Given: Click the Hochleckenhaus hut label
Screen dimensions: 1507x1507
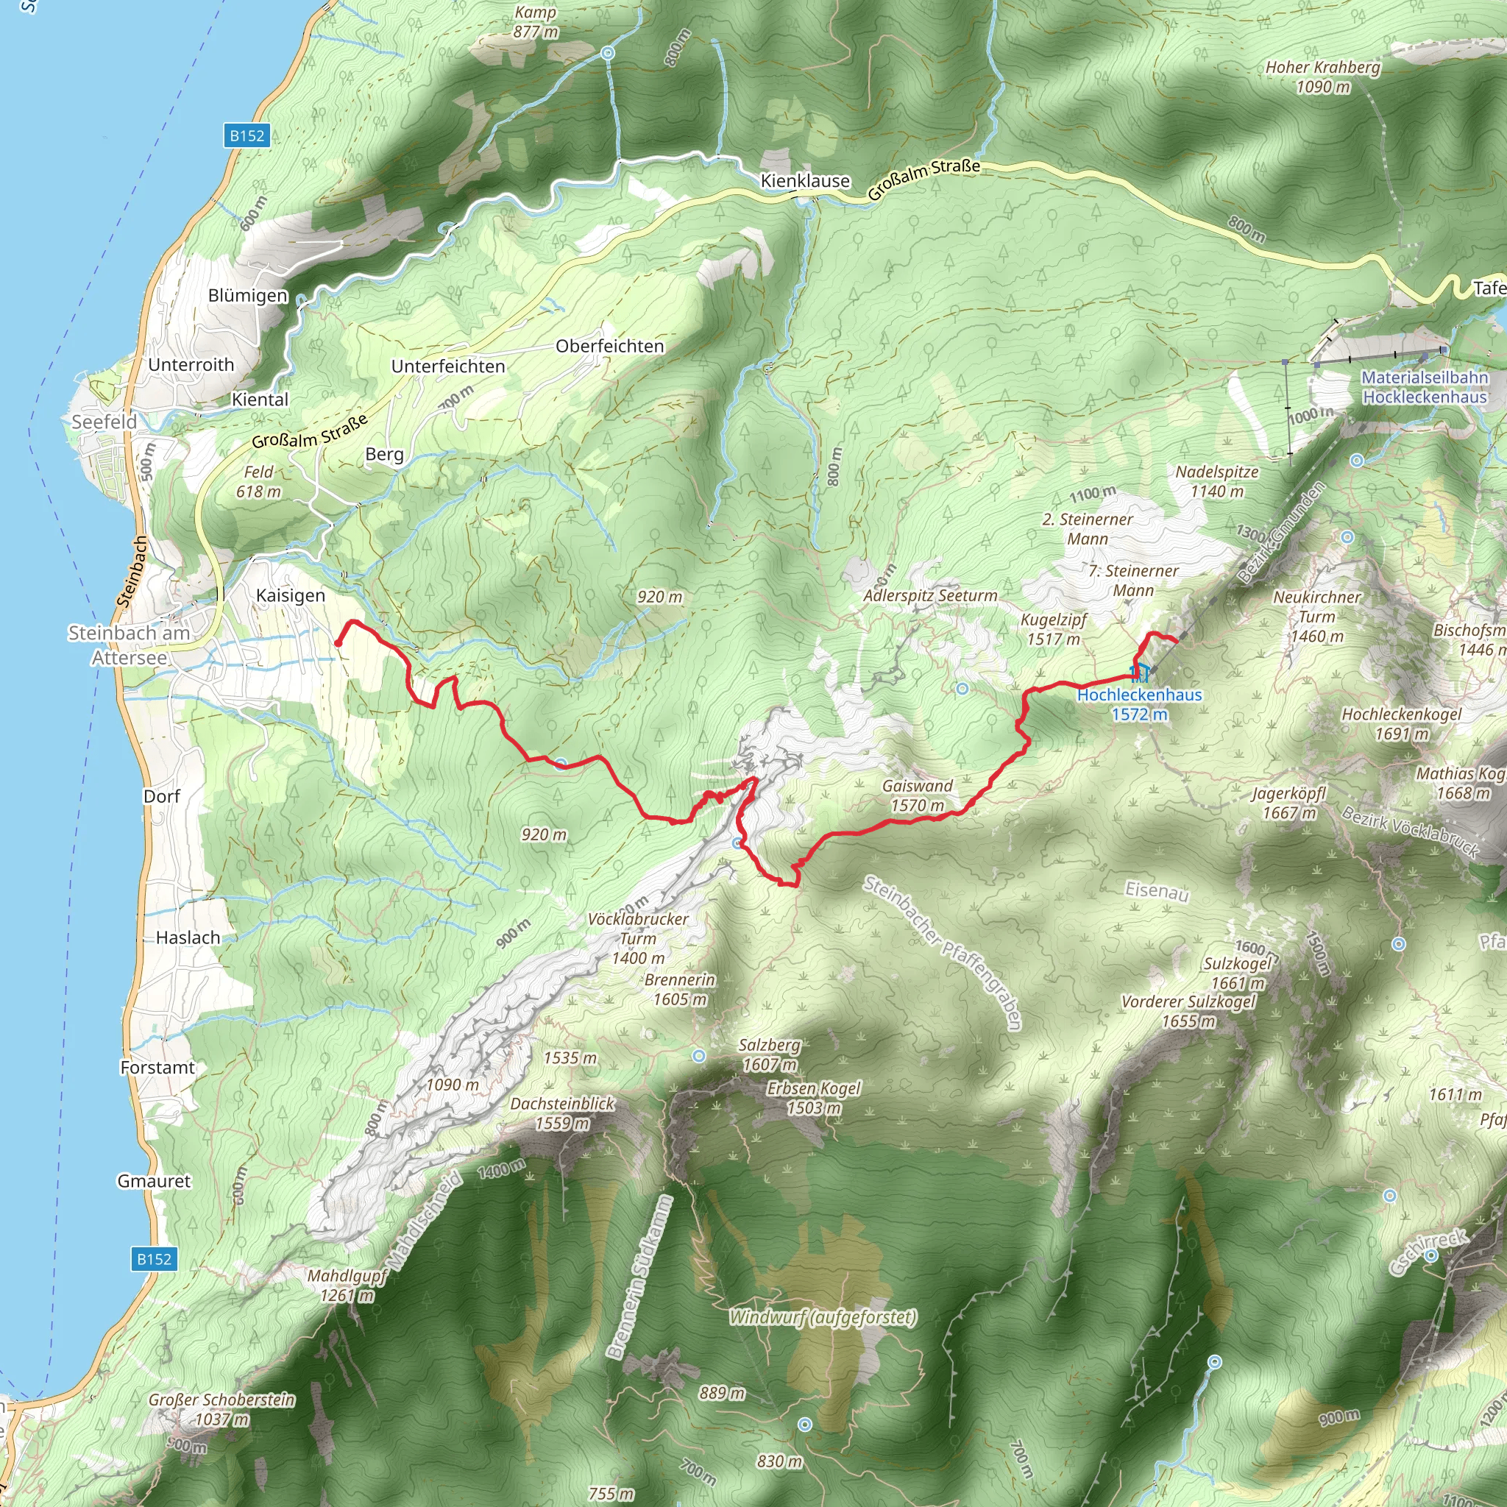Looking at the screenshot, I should (x=1139, y=703).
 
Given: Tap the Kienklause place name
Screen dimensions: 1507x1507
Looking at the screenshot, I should (x=805, y=181).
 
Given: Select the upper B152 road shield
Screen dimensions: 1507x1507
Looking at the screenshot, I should (x=247, y=135).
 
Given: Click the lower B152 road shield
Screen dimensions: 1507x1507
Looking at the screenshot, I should (x=154, y=1258).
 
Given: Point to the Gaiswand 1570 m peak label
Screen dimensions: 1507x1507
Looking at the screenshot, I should (x=918, y=795).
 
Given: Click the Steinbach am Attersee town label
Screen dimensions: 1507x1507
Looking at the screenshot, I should (x=130, y=645).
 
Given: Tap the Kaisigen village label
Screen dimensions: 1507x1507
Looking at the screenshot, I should (x=290, y=595).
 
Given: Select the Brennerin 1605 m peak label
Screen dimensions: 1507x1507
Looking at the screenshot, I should (x=680, y=989).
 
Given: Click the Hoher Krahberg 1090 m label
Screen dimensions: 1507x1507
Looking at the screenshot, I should (x=1323, y=77).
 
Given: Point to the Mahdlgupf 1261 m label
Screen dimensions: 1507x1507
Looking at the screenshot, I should (x=347, y=1286).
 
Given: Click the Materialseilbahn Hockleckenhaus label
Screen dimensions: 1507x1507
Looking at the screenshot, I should (x=1425, y=387).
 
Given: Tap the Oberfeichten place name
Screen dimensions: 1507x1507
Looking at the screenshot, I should (x=610, y=346).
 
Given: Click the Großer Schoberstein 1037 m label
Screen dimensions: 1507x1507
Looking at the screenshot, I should (x=222, y=1408).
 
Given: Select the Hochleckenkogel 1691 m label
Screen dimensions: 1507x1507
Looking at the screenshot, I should (x=1401, y=723).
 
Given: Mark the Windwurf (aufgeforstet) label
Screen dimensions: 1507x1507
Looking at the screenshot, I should (x=823, y=1317).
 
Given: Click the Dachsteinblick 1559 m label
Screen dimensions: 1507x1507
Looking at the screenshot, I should (x=562, y=1113).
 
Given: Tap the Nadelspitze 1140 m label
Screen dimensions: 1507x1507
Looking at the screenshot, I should (x=1217, y=481).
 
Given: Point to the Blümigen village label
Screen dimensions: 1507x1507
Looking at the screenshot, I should (x=247, y=296).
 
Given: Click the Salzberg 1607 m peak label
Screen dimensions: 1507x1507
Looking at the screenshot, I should (x=770, y=1054).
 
